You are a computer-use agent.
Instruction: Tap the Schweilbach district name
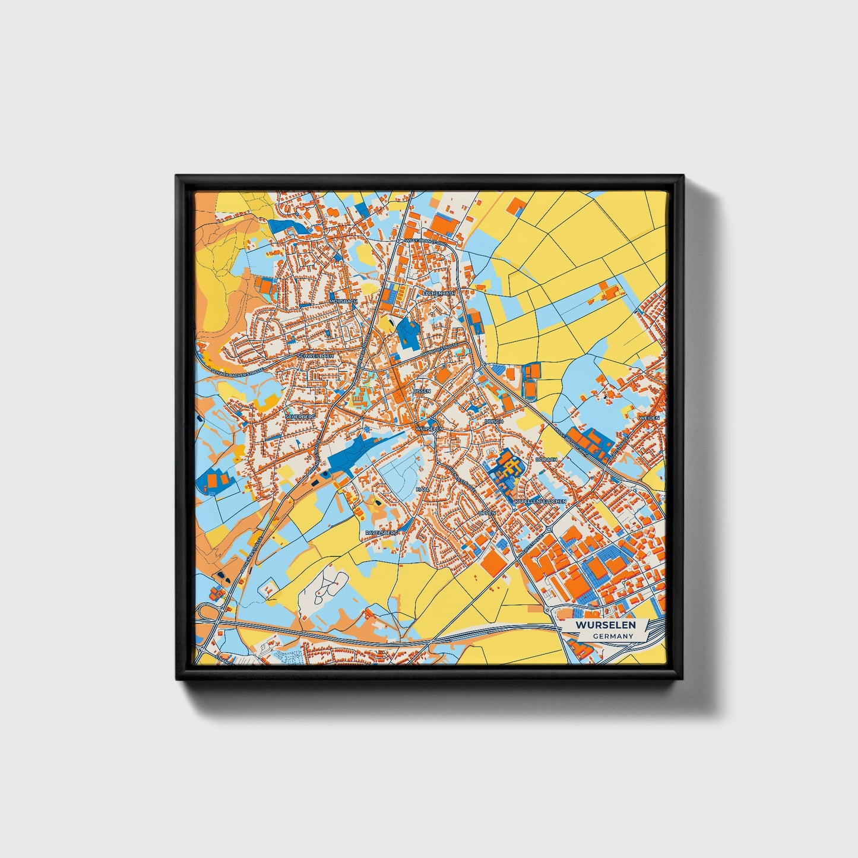[317, 356]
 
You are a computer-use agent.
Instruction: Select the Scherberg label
[299, 417]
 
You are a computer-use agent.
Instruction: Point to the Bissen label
[422, 391]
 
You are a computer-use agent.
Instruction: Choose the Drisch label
[493, 421]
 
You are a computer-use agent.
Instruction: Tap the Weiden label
[649, 418]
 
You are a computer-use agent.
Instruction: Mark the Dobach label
[546, 460]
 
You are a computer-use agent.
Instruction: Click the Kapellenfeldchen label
[540, 501]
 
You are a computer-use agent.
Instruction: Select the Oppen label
[487, 512]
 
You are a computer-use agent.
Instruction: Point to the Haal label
[422, 489]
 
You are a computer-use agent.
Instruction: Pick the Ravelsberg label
[381, 533]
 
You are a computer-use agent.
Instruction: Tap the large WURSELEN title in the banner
[605, 625]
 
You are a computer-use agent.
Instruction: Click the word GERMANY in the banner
[613, 636]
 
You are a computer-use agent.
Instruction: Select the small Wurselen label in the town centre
[429, 428]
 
